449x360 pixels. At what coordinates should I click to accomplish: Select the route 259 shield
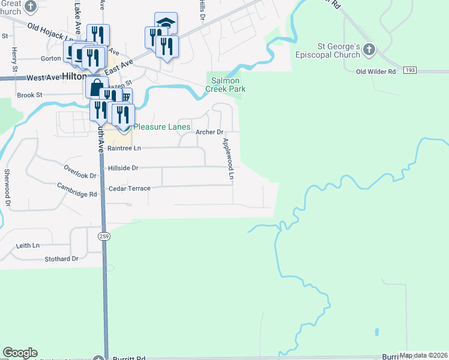pyautogui.click(x=104, y=236)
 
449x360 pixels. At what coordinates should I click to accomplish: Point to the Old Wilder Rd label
pyautogui.click(x=376, y=71)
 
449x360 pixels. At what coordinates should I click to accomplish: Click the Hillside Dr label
pyautogui.click(x=122, y=169)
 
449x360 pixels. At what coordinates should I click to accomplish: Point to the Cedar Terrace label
pyautogui.click(x=129, y=188)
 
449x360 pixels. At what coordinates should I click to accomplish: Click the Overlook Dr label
pyautogui.click(x=80, y=172)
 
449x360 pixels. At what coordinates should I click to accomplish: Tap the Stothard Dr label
pyautogui.click(x=61, y=259)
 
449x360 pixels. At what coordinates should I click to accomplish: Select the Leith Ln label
pyautogui.click(x=28, y=245)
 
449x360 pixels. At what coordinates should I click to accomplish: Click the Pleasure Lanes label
pyautogui.click(x=162, y=127)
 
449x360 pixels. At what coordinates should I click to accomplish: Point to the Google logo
pyautogui.click(x=20, y=353)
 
